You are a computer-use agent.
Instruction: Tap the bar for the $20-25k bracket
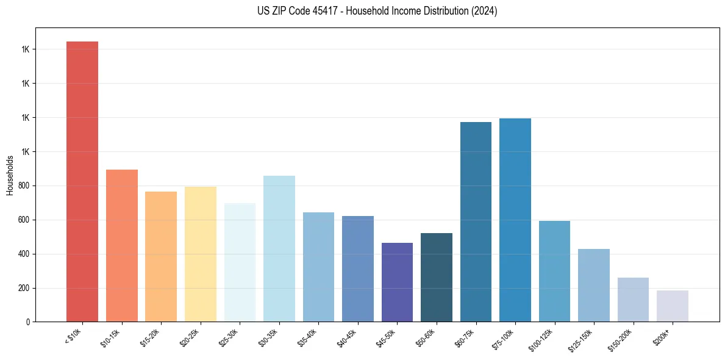pyautogui.click(x=201, y=254)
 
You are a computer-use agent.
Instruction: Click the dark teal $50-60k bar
pyautogui.click(x=437, y=277)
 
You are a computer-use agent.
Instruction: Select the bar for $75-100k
pyautogui.click(x=515, y=220)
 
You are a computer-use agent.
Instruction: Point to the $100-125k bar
pyautogui.click(x=554, y=271)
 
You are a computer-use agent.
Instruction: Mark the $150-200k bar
pyautogui.click(x=633, y=300)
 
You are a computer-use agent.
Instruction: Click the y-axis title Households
pyautogui.click(x=10, y=175)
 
